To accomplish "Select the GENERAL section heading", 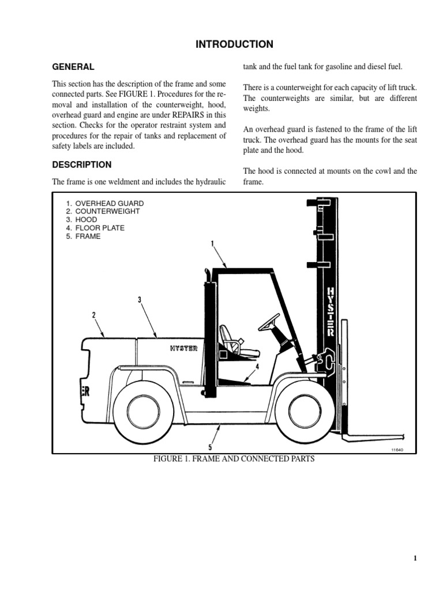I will (x=73, y=67).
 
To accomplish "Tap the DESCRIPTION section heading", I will (x=82, y=164).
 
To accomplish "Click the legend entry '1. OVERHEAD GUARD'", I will (x=104, y=204).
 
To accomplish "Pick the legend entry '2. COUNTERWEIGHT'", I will (x=103, y=211).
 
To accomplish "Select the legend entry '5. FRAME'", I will (x=83, y=237).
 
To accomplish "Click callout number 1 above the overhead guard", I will (x=213, y=244).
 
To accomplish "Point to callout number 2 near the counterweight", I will (x=93, y=315).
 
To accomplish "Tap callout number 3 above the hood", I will (x=140, y=300).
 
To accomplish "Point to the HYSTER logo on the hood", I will (x=184, y=348).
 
